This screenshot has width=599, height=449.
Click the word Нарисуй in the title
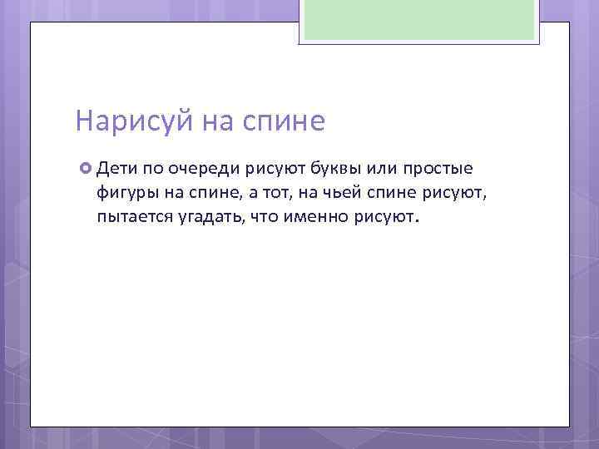(133, 122)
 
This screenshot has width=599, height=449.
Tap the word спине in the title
(283, 122)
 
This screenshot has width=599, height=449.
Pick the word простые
(438, 170)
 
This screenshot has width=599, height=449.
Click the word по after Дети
(153, 170)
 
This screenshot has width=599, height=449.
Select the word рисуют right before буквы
(276, 170)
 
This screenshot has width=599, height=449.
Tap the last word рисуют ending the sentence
(390, 218)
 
